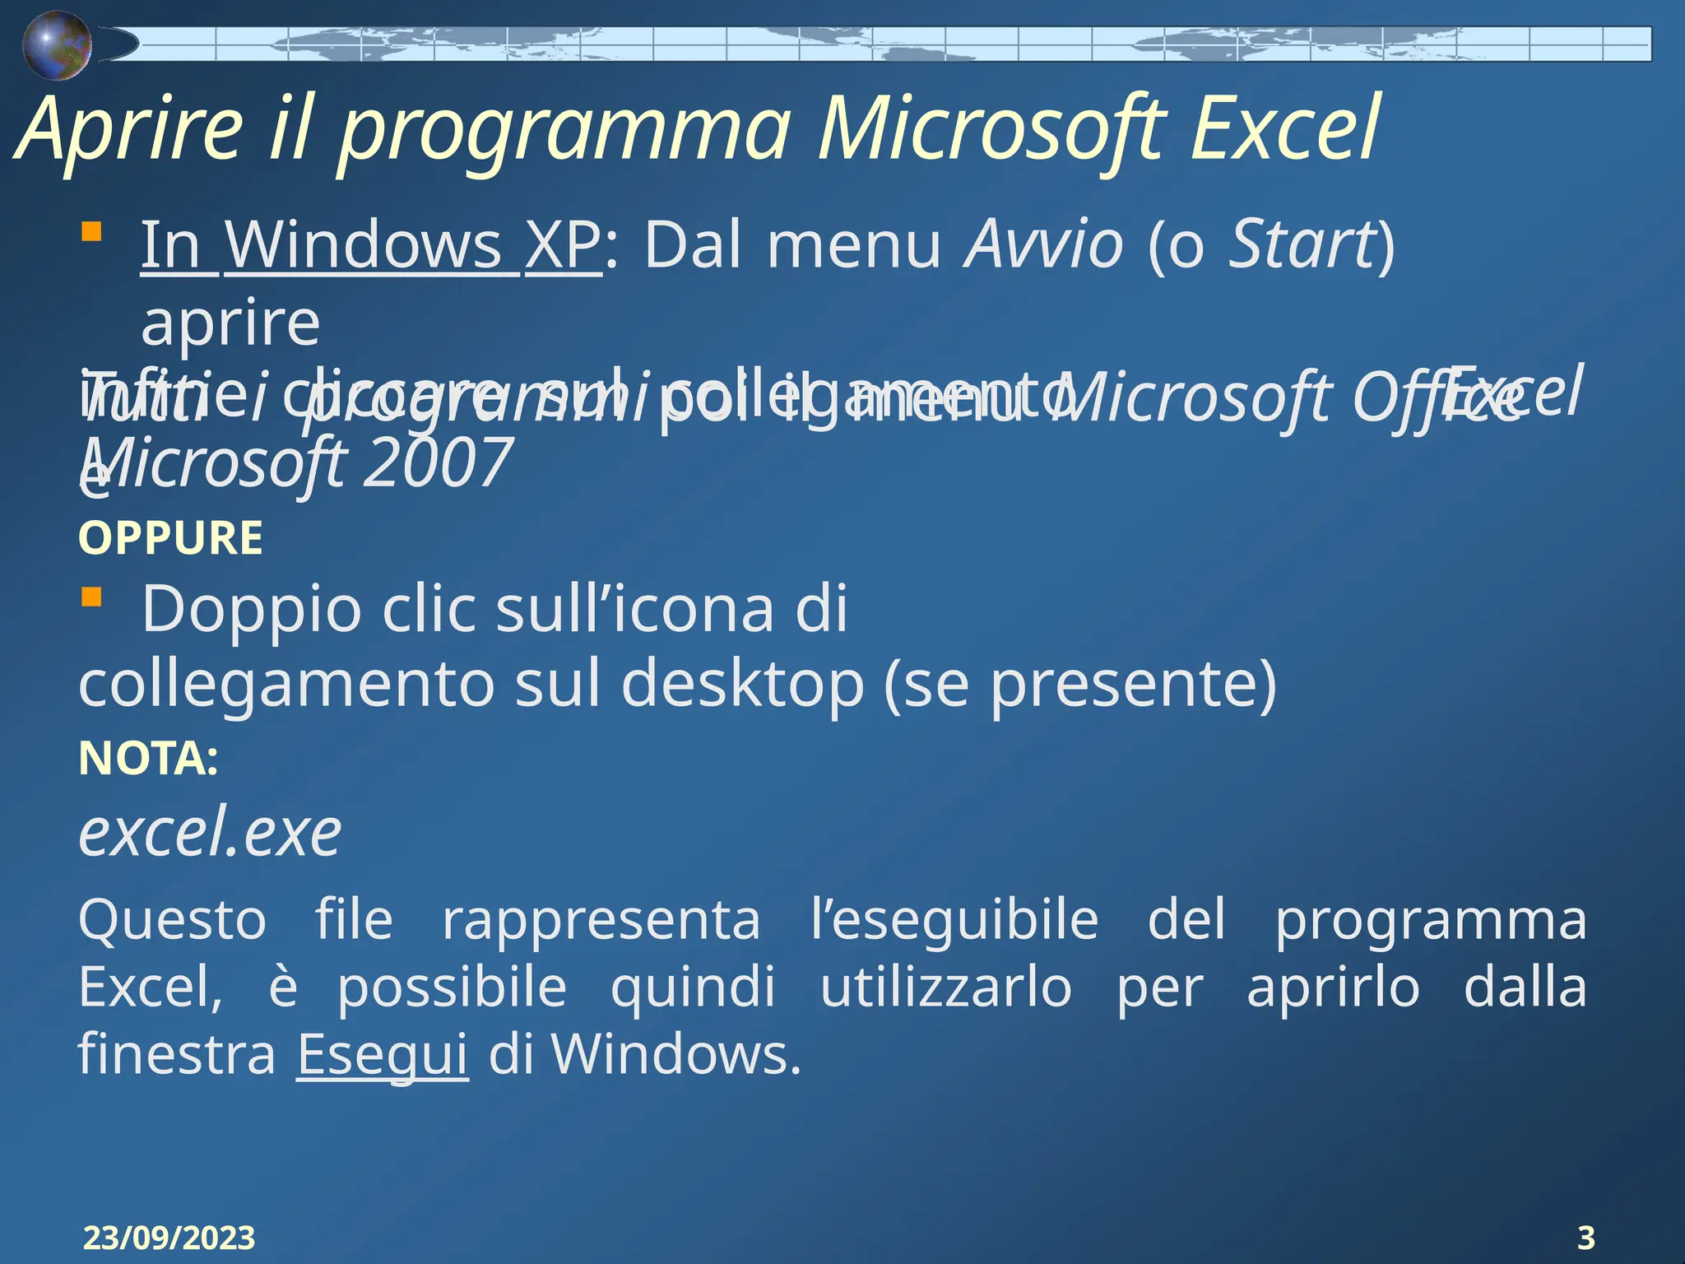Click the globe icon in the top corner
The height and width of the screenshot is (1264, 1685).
(56, 46)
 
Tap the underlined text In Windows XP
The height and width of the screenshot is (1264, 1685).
(370, 244)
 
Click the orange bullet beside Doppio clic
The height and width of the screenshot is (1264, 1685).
(91, 596)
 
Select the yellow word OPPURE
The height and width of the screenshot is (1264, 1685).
(170, 538)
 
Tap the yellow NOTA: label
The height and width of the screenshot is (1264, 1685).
(148, 758)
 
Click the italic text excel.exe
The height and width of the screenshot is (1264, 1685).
(210, 833)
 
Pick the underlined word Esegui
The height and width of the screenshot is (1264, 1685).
(382, 1054)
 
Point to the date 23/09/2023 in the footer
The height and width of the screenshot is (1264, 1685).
(169, 1238)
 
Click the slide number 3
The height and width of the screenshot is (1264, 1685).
(1585, 1238)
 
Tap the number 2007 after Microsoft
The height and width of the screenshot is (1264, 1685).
(438, 462)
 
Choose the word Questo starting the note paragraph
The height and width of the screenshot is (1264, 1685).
(172, 919)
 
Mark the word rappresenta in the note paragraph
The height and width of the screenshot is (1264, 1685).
(601, 919)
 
